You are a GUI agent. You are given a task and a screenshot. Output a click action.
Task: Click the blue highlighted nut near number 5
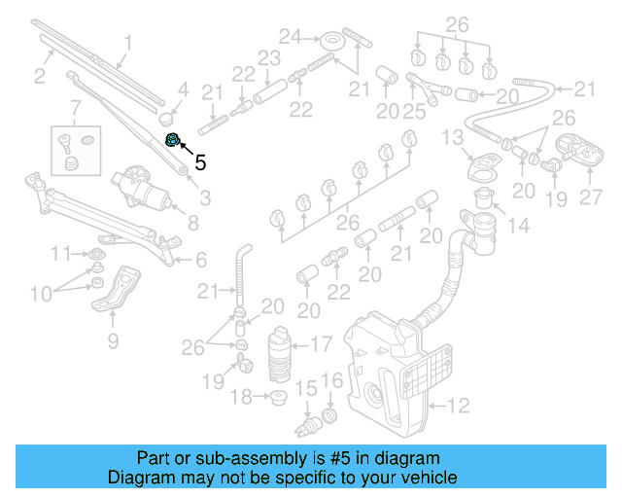(172, 140)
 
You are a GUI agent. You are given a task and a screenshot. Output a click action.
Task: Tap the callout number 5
(200, 162)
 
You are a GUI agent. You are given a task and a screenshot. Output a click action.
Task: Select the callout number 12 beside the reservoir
(458, 404)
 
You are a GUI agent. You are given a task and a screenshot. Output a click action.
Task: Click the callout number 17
(320, 342)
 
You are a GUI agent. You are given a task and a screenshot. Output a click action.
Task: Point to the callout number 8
(192, 222)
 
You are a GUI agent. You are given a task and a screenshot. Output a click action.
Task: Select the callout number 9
(113, 340)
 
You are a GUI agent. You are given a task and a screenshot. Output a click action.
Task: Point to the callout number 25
(415, 113)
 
